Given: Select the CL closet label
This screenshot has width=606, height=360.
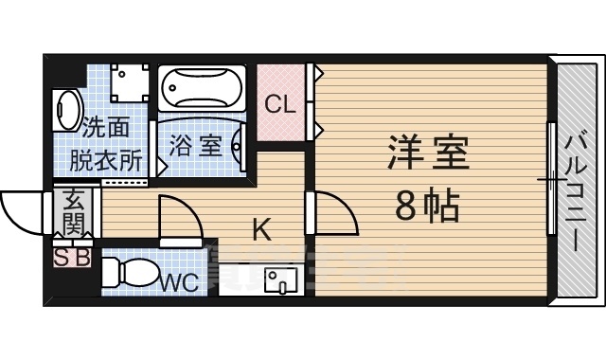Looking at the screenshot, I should click(279, 103).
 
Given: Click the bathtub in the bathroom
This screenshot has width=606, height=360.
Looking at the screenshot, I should click(202, 90).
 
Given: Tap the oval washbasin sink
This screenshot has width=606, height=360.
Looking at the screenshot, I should click(67, 109).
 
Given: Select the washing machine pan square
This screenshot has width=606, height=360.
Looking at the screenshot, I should click(129, 83).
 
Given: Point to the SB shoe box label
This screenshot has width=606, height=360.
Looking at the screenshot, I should click(72, 257).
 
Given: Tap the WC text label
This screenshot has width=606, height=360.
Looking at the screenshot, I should click(179, 281).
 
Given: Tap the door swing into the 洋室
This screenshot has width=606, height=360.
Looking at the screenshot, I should click(336, 213).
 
